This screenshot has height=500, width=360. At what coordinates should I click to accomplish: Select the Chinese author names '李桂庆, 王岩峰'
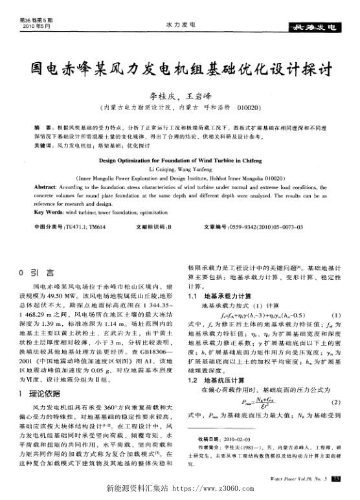(x=181, y=95)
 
